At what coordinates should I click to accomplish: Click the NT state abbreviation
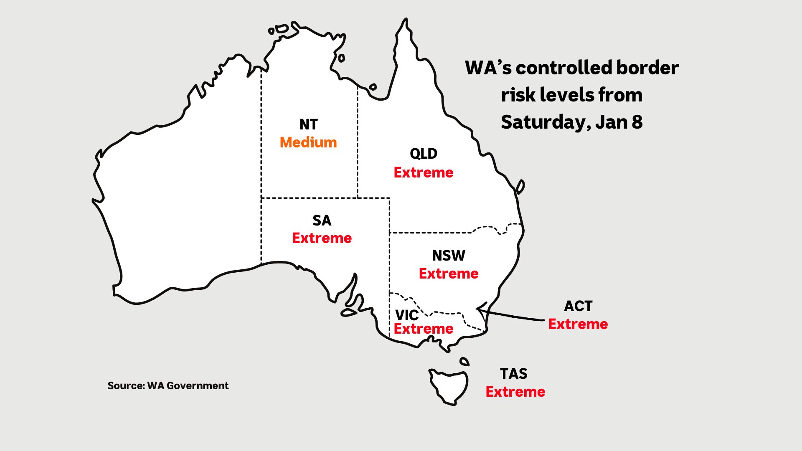(x=308, y=124)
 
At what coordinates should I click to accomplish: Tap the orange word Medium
(x=308, y=142)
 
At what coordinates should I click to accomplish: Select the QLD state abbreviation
(x=423, y=154)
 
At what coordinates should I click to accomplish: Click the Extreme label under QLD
(x=423, y=172)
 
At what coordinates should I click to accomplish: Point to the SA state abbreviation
(x=322, y=220)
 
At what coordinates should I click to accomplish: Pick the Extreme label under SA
(x=322, y=238)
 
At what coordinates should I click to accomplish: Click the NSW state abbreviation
(x=448, y=256)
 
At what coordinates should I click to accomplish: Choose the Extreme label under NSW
(x=448, y=274)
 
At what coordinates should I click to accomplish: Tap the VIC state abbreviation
(x=406, y=315)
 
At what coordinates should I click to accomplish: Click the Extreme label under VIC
(x=423, y=329)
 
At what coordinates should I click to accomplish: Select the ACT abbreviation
(x=578, y=306)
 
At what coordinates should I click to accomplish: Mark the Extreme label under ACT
(x=578, y=324)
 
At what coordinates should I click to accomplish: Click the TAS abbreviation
(x=513, y=374)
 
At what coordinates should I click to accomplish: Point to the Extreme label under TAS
(x=515, y=392)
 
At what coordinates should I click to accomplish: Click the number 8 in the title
(x=637, y=122)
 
